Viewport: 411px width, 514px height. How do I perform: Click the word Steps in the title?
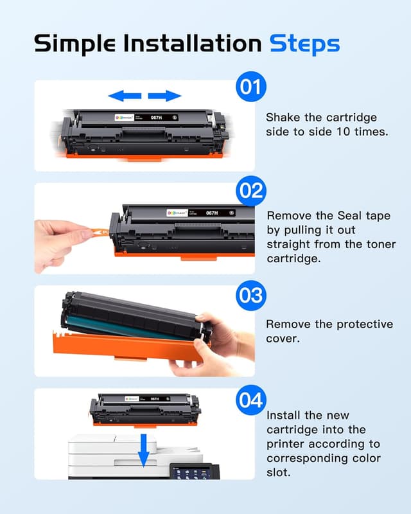pos(304,44)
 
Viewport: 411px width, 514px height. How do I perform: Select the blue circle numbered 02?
pos(251,191)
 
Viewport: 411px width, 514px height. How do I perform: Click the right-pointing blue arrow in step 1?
pos(165,96)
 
